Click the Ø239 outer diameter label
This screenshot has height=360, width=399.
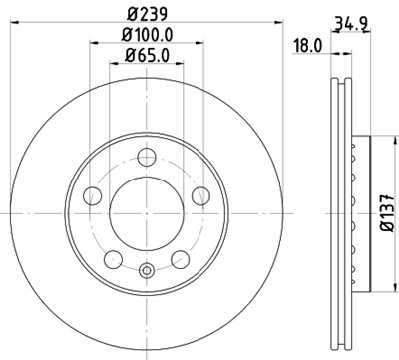(148, 14)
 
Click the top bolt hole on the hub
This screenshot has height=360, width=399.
(148, 156)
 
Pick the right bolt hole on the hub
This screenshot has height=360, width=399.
(201, 194)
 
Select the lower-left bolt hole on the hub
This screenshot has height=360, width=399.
(114, 258)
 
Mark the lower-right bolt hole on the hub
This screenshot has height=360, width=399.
(181, 258)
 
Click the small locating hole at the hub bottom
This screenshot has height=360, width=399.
(148, 267)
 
